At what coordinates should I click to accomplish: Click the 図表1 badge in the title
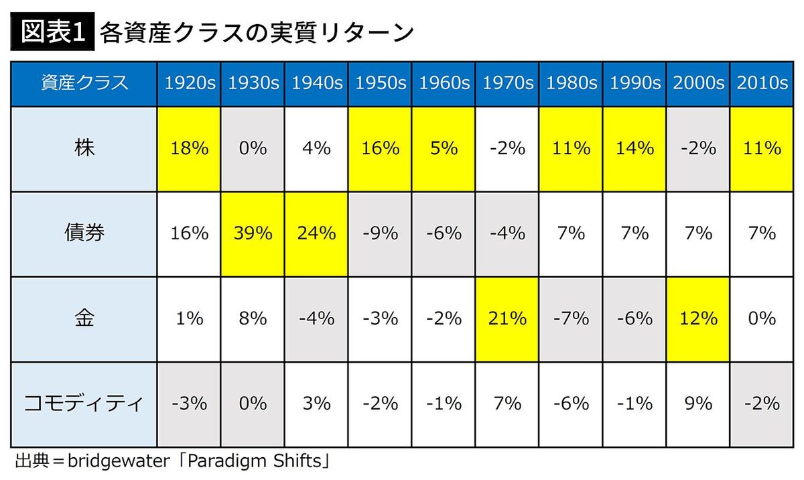pos(51,32)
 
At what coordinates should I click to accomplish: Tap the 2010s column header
pos(762,83)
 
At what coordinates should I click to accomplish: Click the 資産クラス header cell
pos(84,83)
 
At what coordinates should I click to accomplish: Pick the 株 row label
pos(84,148)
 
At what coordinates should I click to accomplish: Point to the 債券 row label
pos(84,233)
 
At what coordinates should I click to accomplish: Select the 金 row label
pos(84,318)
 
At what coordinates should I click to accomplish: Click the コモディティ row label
pos(84,404)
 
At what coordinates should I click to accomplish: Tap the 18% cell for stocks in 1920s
pos(190,148)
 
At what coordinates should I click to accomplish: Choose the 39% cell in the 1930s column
pos(253,233)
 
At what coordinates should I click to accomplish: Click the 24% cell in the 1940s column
pos(316,233)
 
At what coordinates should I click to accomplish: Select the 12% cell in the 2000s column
pos(698,318)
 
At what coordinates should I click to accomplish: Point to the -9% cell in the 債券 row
pos(380,233)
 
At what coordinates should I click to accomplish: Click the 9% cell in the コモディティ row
pos(698,404)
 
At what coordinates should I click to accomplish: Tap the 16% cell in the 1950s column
pos(380,148)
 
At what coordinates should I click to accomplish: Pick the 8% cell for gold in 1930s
pos(253,318)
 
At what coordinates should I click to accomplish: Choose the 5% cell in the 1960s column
pos(444,148)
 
